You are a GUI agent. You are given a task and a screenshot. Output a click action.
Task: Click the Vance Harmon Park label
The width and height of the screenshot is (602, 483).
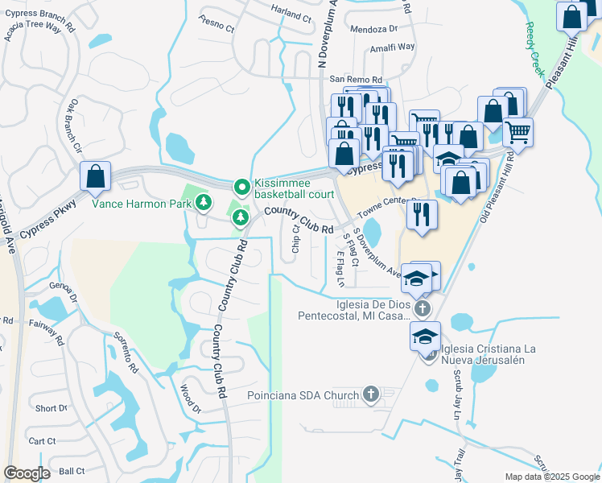[141, 204]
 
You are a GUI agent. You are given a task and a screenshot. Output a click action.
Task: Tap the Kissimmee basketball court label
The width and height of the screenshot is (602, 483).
[294, 188]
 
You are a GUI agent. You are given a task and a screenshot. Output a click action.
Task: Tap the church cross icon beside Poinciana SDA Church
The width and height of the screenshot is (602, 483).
[370, 394]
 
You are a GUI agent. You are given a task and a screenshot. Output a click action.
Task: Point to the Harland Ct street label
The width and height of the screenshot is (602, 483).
[291, 16]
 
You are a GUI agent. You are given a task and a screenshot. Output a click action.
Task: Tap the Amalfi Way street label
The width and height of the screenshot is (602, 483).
[392, 47]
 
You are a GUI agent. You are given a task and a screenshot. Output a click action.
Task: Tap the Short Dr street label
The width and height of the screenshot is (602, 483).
[51, 409]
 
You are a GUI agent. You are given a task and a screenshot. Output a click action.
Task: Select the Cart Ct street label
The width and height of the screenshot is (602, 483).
[42, 441]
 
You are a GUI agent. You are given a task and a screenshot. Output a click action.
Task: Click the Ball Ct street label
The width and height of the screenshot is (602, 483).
[72, 471]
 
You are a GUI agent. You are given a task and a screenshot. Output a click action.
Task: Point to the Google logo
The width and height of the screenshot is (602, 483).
[27, 473]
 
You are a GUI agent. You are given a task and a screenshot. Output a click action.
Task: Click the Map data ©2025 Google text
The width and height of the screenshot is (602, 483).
[551, 477]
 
